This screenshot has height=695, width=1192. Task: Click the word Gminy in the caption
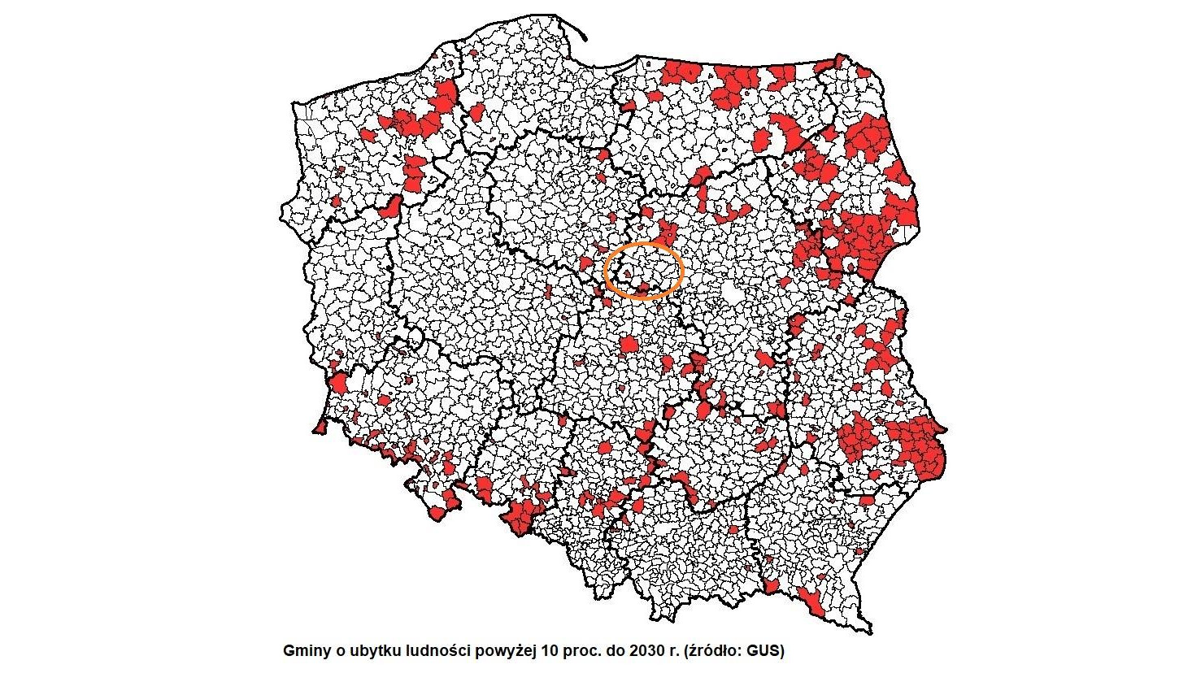[x=302, y=651]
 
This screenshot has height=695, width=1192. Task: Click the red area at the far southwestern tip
[x=320, y=426]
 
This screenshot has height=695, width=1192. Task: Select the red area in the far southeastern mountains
[x=811, y=602]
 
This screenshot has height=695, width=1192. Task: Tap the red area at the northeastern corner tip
[x=839, y=61]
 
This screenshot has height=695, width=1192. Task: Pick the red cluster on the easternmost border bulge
[x=923, y=447]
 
